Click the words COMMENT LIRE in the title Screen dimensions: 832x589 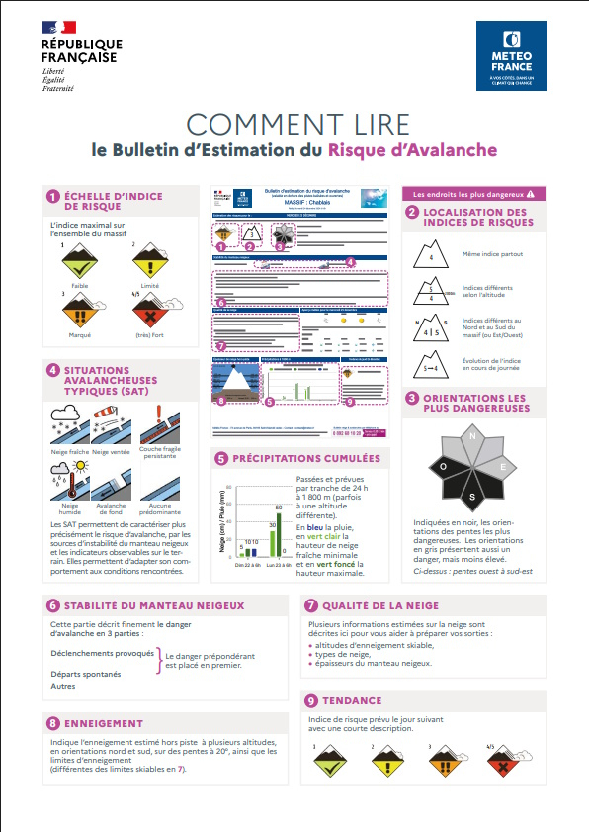pyautogui.click(x=297, y=125)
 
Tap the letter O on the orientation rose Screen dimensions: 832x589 pyautogui.click(x=445, y=466)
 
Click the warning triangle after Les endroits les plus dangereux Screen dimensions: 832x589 pyautogui.click(x=531, y=194)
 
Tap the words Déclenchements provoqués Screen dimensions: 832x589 pyautogui.click(x=103, y=654)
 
